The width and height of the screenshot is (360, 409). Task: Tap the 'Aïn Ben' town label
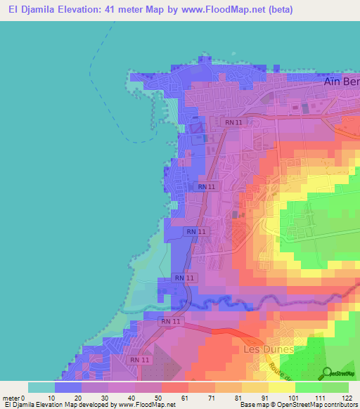(x=341, y=82)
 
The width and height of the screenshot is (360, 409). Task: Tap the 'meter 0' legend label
(x=13, y=397)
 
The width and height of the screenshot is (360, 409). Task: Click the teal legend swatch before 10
(x=41, y=387)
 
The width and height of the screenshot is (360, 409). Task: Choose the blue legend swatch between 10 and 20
(x=68, y=387)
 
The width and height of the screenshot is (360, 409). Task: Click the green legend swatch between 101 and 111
(x=309, y=387)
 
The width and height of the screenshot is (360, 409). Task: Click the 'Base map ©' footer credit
(x=259, y=405)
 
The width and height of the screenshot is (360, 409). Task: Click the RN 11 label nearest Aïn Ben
(x=234, y=122)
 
